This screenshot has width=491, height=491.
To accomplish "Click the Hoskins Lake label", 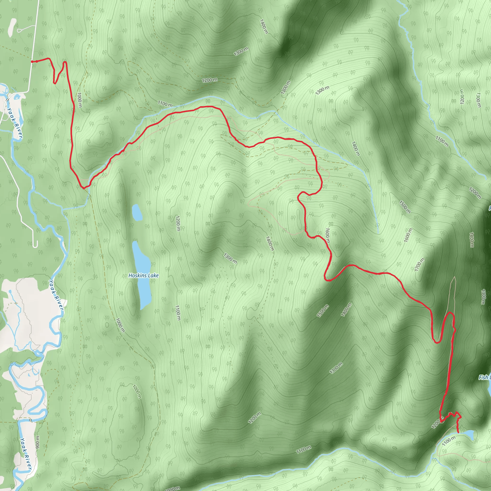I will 144,275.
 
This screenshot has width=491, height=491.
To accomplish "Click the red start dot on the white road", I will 37,61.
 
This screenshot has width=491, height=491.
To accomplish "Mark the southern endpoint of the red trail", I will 458,432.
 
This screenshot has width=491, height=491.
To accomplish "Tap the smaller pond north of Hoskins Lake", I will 137,212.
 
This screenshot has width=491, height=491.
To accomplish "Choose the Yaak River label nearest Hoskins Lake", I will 56,295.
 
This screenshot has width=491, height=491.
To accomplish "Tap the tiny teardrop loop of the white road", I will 19,30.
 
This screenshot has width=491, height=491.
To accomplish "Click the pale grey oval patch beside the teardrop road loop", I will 12,27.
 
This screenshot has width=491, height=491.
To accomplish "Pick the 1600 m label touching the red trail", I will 327,235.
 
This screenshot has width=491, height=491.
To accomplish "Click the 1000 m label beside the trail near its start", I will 80,100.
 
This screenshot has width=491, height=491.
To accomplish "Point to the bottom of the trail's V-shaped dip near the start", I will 55,83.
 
